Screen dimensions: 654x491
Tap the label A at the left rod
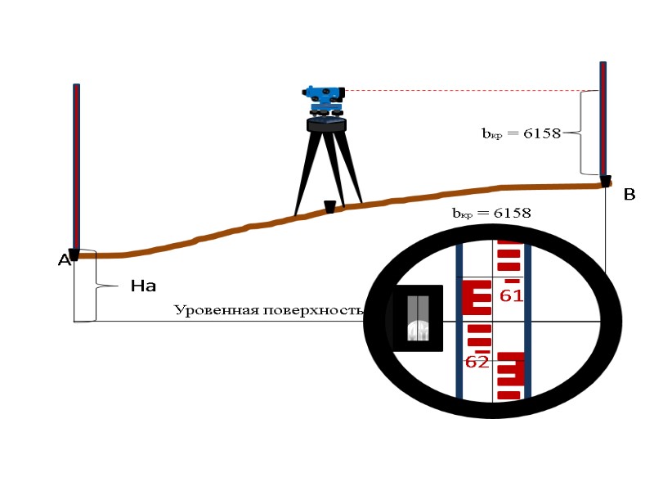(63, 261)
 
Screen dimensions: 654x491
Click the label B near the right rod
(629, 195)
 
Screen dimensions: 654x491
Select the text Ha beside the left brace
(143, 286)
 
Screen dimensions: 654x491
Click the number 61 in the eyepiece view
(511, 296)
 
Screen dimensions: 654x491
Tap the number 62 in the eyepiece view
(477, 362)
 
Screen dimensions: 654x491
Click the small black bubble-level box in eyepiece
(417, 318)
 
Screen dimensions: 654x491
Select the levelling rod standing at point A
(76, 168)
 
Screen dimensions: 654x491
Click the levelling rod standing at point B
(603, 119)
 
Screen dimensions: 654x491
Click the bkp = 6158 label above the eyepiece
(491, 213)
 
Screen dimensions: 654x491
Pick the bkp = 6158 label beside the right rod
(521, 133)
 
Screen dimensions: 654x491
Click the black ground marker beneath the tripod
(329, 207)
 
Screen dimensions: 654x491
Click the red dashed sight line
(466, 91)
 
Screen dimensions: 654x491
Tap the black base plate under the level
(327, 125)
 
